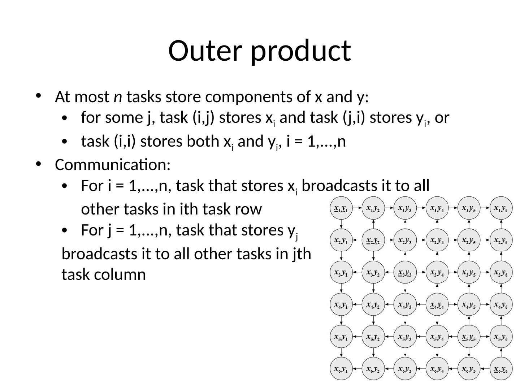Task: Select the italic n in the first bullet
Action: [117, 97]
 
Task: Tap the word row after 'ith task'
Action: [250, 209]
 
